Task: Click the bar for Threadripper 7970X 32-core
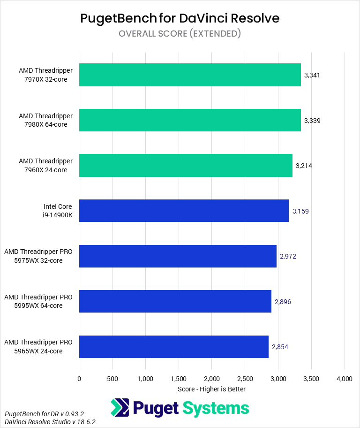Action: tap(190, 75)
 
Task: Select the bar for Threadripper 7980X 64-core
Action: tap(190, 121)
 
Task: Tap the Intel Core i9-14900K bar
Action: tap(184, 211)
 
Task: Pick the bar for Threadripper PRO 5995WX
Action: tap(175, 301)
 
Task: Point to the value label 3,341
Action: tap(312, 75)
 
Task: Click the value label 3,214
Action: tap(304, 166)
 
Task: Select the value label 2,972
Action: tap(288, 256)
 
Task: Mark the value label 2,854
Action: tap(280, 347)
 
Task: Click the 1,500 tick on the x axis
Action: tap(179, 378)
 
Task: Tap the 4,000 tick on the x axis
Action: tap(345, 378)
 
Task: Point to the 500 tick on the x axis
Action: tap(112, 378)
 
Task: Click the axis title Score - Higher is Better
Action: tap(212, 389)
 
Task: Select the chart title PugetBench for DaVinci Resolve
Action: tap(180, 18)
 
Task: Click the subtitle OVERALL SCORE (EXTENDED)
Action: tap(180, 33)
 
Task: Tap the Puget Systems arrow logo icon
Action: tap(120, 408)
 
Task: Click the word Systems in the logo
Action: tap(216, 408)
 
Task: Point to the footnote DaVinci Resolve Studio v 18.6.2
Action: tap(50, 422)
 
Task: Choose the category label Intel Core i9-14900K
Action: tap(58, 211)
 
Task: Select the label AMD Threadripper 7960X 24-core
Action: tap(46, 166)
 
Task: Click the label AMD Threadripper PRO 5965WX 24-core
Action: tap(38, 347)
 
